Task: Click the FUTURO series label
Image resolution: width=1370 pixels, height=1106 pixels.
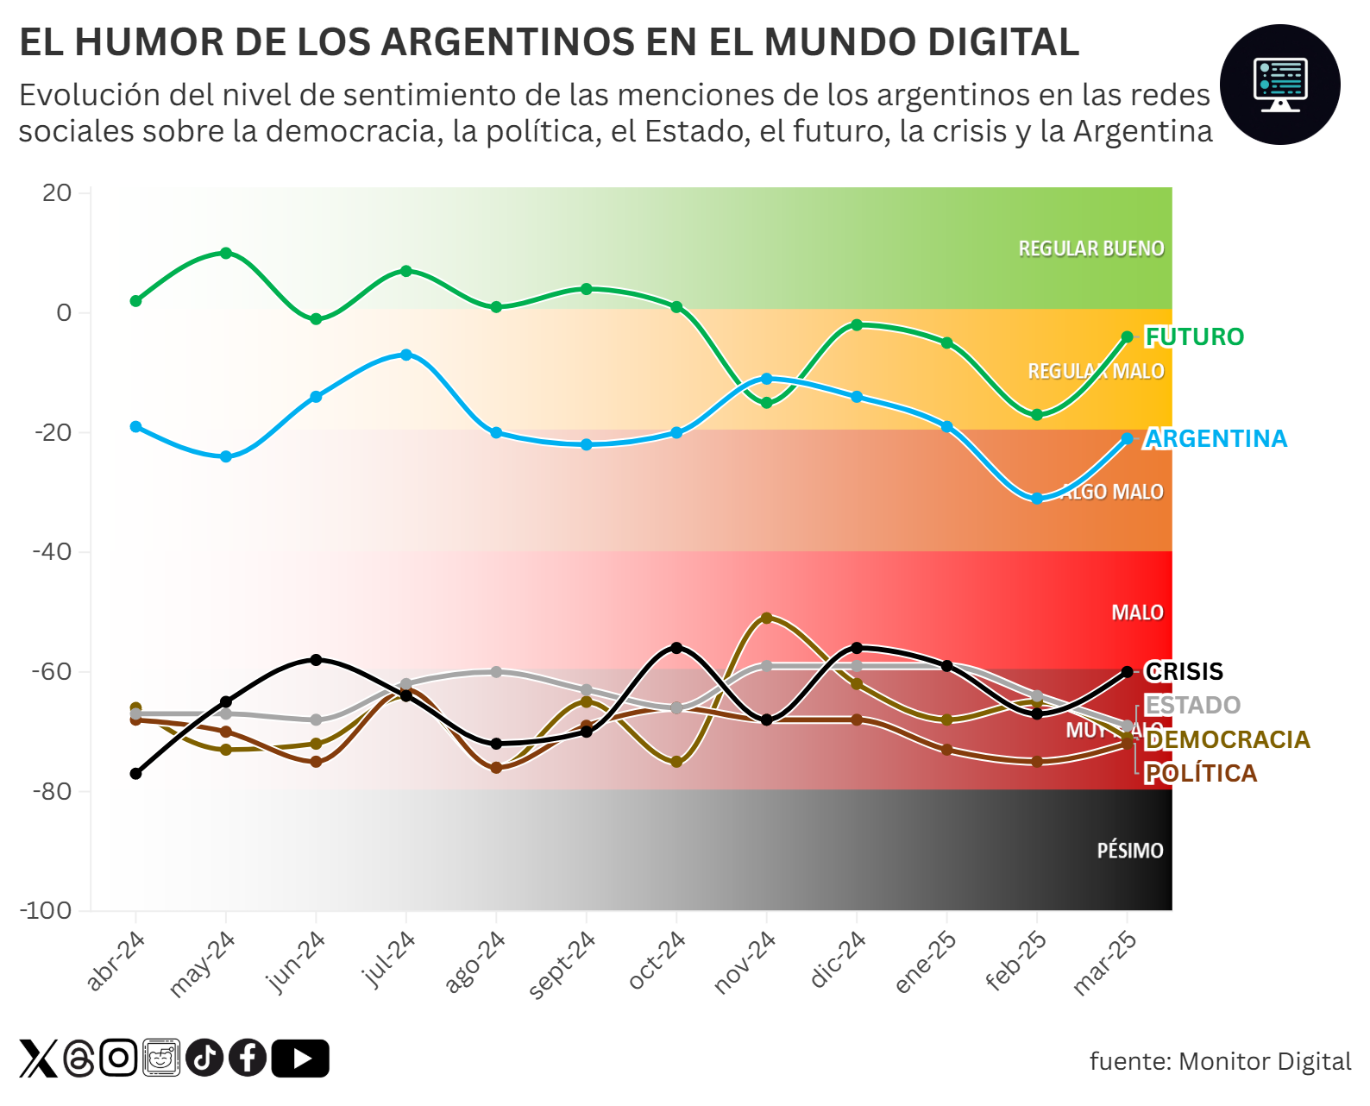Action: click(1194, 336)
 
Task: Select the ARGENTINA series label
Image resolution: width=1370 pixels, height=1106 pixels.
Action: click(1215, 438)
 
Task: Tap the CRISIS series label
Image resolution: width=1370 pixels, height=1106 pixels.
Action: click(1184, 671)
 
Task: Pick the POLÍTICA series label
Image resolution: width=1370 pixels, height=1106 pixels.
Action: click(1200, 773)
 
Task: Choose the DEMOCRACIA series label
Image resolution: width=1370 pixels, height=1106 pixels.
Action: click(1227, 739)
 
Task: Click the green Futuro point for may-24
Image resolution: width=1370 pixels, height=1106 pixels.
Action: click(226, 253)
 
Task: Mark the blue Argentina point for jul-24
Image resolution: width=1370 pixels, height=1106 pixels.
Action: click(406, 355)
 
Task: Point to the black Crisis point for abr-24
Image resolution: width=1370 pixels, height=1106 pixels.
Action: click(135, 774)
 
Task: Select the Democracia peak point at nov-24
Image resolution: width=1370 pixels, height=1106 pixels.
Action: click(766, 618)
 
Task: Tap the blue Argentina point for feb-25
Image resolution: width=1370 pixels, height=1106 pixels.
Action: click(1037, 499)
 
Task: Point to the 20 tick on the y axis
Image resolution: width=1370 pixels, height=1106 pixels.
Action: click(57, 192)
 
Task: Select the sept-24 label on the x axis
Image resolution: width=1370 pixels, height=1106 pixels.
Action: click(562, 965)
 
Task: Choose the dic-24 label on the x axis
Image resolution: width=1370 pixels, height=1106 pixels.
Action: click(838, 959)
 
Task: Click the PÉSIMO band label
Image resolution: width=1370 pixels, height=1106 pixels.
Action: click(1129, 851)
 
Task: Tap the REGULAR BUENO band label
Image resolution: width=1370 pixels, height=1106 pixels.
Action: click(1090, 248)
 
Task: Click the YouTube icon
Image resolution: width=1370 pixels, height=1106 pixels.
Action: click(300, 1059)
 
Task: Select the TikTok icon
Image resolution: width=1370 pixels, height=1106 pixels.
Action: click(204, 1059)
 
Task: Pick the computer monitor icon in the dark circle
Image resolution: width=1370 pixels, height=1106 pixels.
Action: click(1279, 85)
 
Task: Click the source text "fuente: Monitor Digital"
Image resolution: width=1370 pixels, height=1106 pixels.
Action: click(1220, 1061)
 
